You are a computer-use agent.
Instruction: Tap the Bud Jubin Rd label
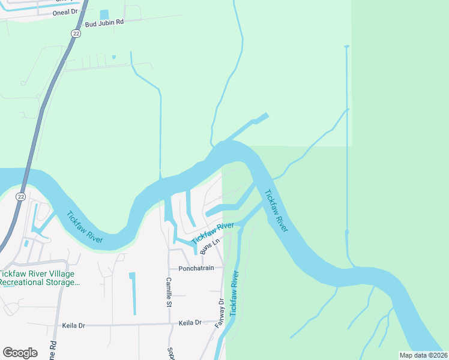[x=104, y=23]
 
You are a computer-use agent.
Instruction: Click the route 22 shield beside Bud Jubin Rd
[x=74, y=34]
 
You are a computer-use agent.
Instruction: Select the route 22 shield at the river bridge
[x=20, y=196]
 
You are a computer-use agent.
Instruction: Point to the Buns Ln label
[x=207, y=245]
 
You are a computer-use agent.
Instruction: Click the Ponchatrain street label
[x=196, y=268]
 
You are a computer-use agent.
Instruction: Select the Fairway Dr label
[x=221, y=310]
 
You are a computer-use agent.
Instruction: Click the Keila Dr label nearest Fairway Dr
[x=190, y=323]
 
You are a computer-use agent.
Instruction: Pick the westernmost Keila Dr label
[x=74, y=326]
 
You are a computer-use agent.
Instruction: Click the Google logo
[x=20, y=353]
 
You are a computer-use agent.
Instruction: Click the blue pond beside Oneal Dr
[x=104, y=14]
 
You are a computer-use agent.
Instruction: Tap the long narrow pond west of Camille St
[x=133, y=293]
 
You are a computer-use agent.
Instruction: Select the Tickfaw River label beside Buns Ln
[x=212, y=233]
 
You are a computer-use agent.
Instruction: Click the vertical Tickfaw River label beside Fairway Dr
[x=235, y=293]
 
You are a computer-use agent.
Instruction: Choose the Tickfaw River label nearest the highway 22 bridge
[x=85, y=227]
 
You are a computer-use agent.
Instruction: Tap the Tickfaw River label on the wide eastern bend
[x=278, y=212]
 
